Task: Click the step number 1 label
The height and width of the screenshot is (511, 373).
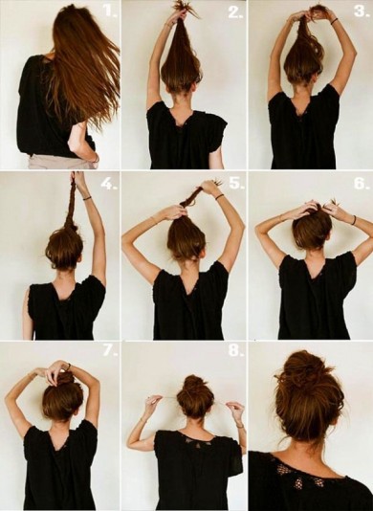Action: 110,11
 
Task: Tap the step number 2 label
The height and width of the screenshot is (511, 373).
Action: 235,12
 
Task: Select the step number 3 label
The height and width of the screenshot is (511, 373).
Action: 362,11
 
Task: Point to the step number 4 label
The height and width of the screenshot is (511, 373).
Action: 108,185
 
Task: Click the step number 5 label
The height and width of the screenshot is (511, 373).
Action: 236,183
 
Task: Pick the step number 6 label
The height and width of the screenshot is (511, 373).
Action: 362,184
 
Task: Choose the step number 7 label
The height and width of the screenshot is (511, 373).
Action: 110,351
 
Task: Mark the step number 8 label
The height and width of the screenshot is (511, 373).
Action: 236,351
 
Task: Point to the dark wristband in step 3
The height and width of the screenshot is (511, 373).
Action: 334,22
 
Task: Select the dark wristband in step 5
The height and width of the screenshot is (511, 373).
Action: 220,197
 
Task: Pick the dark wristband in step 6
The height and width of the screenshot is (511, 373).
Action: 354,220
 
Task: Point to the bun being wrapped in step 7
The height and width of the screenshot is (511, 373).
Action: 65,380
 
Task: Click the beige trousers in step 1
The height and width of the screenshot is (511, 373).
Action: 62,163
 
